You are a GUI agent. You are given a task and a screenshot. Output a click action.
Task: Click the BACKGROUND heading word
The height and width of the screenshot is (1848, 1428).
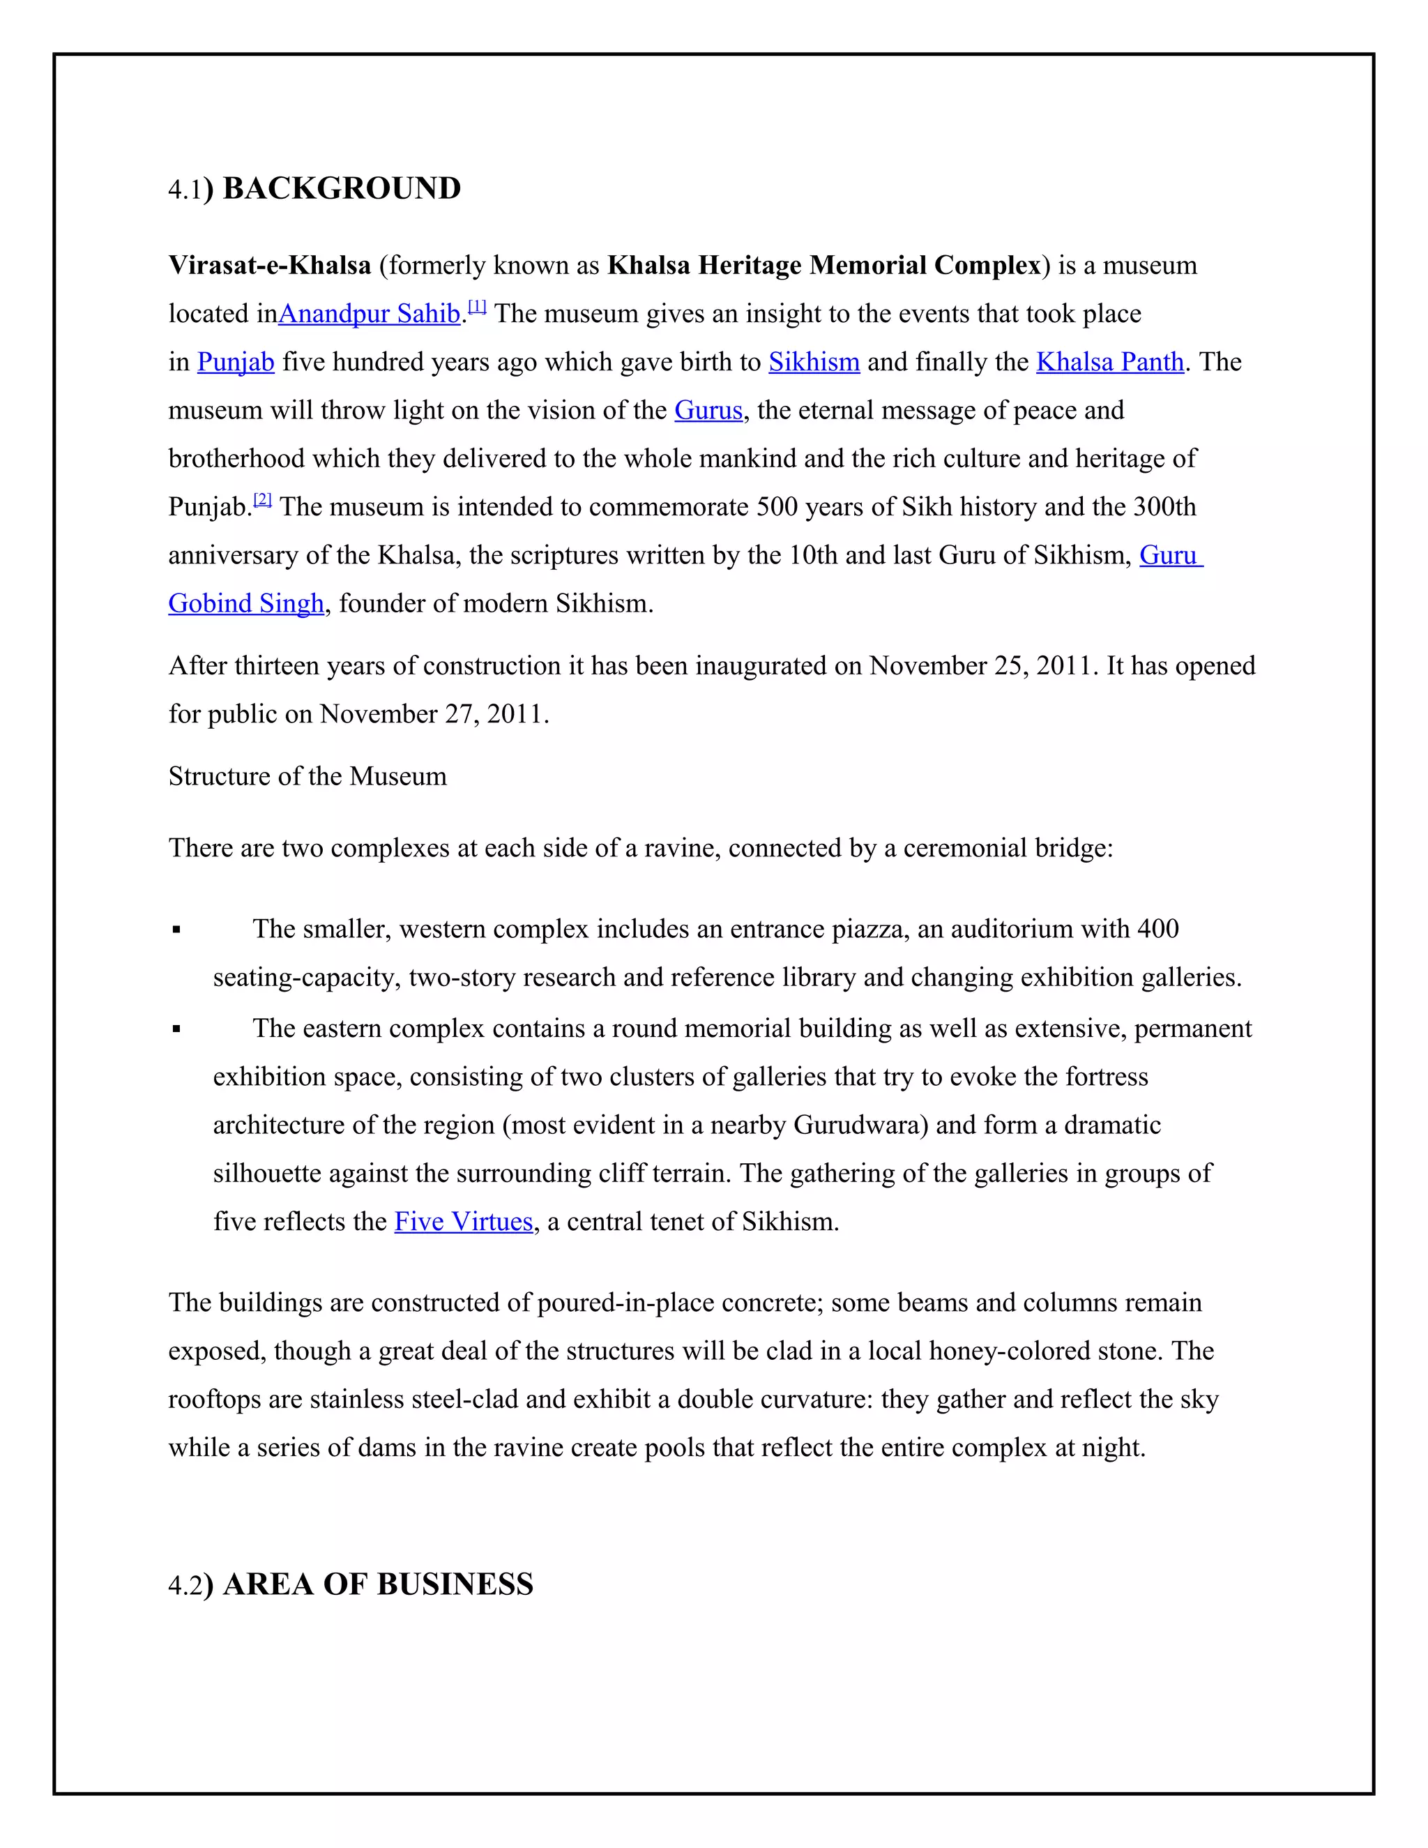click(342, 189)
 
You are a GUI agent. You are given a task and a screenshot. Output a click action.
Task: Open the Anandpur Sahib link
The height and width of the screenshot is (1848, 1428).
click(369, 314)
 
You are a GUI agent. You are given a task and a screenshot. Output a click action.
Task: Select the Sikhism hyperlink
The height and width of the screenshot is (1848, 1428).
click(814, 362)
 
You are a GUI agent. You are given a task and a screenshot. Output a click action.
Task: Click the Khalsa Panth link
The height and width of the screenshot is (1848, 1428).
click(1110, 362)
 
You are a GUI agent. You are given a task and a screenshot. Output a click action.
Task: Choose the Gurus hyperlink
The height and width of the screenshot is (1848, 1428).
click(708, 410)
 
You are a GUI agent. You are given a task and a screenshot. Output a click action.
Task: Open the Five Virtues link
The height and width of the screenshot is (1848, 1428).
click(464, 1222)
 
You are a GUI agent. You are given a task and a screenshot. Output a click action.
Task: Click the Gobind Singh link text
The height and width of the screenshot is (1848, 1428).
click(246, 603)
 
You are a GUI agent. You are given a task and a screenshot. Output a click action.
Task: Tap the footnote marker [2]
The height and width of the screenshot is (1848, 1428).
click(262, 500)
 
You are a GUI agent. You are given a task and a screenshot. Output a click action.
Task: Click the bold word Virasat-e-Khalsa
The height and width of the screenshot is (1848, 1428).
click(270, 266)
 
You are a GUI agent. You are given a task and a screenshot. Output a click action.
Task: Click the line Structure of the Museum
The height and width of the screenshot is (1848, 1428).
click(307, 777)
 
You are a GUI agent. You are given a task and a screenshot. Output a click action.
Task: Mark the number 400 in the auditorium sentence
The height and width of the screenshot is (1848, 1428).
click(1157, 929)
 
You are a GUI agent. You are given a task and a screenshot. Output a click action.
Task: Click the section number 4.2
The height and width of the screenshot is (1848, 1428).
click(185, 1586)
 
